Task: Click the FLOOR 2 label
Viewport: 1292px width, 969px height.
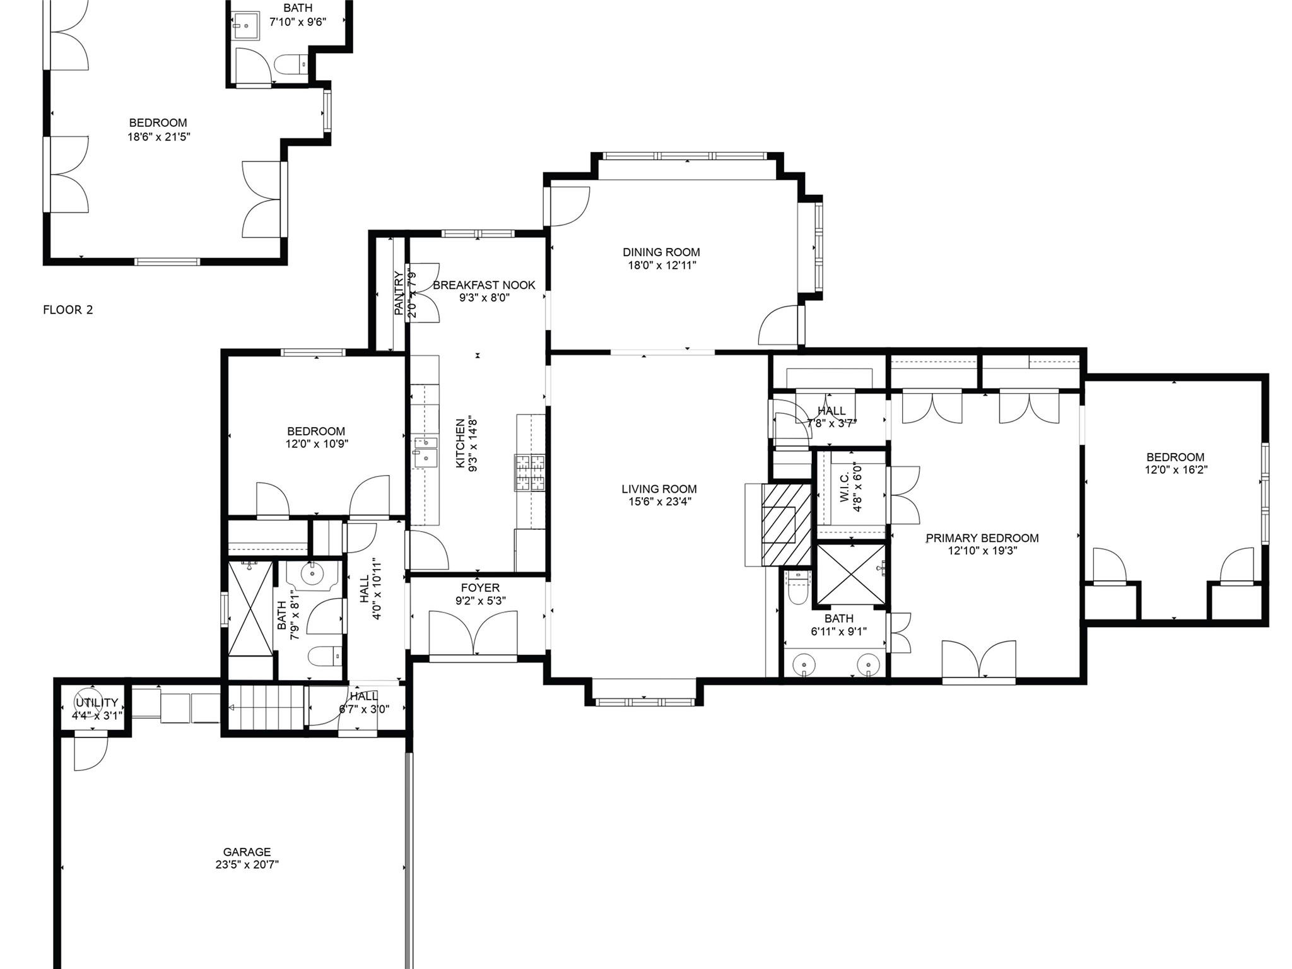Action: click(x=68, y=310)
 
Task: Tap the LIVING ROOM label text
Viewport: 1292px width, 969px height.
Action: click(x=659, y=489)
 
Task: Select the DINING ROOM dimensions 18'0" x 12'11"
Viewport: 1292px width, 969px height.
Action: click(x=661, y=266)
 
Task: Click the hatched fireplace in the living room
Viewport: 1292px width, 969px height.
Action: click(x=785, y=525)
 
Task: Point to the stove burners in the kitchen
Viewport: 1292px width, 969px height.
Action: click(x=529, y=473)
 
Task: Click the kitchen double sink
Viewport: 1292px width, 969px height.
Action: click(x=425, y=450)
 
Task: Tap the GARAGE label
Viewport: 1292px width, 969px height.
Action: click(x=247, y=852)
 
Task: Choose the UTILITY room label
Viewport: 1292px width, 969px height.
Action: click(x=97, y=703)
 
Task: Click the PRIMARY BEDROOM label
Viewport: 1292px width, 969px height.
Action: click(x=982, y=538)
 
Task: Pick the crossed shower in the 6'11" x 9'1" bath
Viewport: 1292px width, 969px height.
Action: click(x=850, y=575)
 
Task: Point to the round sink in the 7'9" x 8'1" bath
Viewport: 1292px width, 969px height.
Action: click(x=312, y=575)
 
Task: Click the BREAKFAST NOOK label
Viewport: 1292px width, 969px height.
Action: click(x=484, y=285)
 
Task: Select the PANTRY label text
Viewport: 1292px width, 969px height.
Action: click(x=399, y=293)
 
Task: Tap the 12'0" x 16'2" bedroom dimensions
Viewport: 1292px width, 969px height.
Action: click(x=1176, y=470)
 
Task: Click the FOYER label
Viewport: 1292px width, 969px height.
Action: click(x=480, y=588)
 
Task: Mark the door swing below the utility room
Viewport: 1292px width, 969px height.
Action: click(x=90, y=753)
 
